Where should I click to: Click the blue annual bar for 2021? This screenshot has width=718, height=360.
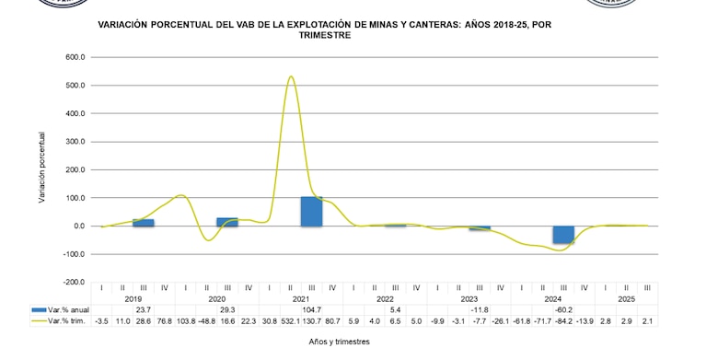pos(311,212)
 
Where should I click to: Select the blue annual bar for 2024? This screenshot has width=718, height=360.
pos(563,235)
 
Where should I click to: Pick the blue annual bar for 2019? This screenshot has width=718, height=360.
pos(144,223)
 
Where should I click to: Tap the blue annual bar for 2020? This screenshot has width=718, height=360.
pos(227,222)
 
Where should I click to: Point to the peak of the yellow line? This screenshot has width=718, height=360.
pos(291,77)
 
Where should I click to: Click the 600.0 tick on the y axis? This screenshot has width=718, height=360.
pos(75,57)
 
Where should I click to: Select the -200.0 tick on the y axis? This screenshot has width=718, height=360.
pos(74,283)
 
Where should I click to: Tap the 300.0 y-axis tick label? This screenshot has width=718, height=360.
pos(75,142)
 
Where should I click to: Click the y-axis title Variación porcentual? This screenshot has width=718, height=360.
pos(42,167)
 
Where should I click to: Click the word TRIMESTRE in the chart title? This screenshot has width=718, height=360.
pos(325,35)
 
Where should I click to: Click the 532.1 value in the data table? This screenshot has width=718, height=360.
pos(291,320)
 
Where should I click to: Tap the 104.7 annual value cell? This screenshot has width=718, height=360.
pos(311,310)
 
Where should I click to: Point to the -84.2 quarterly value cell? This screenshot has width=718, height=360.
pos(563,320)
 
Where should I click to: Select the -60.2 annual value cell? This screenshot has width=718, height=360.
pos(563,310)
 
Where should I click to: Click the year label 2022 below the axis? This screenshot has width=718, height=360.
pos(385,299)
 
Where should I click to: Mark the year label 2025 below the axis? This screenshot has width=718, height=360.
pos(626,299)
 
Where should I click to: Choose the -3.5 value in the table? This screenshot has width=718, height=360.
pos(102,320)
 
